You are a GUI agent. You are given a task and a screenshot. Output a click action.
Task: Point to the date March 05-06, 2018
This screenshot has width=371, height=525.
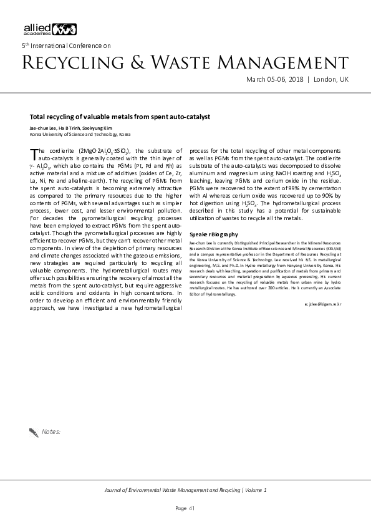coord(274,80)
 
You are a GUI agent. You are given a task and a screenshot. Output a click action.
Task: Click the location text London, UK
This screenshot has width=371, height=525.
coord(330,80)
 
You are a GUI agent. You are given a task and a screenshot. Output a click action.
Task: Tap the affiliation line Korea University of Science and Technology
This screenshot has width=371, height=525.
coord(80,134)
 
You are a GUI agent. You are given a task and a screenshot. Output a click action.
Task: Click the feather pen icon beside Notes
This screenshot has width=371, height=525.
coord(34,431)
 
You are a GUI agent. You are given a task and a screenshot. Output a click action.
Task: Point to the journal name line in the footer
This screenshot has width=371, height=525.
coord(185,490)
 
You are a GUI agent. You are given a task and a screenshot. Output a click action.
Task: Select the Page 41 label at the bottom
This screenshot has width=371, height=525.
coord(185,508)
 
